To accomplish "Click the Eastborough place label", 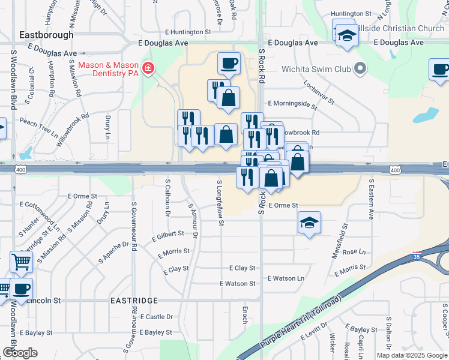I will point(42,35).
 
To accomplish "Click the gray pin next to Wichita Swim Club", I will point(360,68).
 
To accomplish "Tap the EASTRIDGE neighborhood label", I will point(134,299).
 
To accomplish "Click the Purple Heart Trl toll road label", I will point(302,323).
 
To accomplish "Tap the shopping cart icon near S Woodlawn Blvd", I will point(21,262).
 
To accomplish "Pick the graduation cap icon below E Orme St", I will point(309,223).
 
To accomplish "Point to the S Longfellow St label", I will point(221,203).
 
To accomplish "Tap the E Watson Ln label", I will point(286,278).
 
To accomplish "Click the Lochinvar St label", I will point(318,92).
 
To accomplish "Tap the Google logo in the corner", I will point(20,353).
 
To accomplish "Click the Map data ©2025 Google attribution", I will point(412,355).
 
